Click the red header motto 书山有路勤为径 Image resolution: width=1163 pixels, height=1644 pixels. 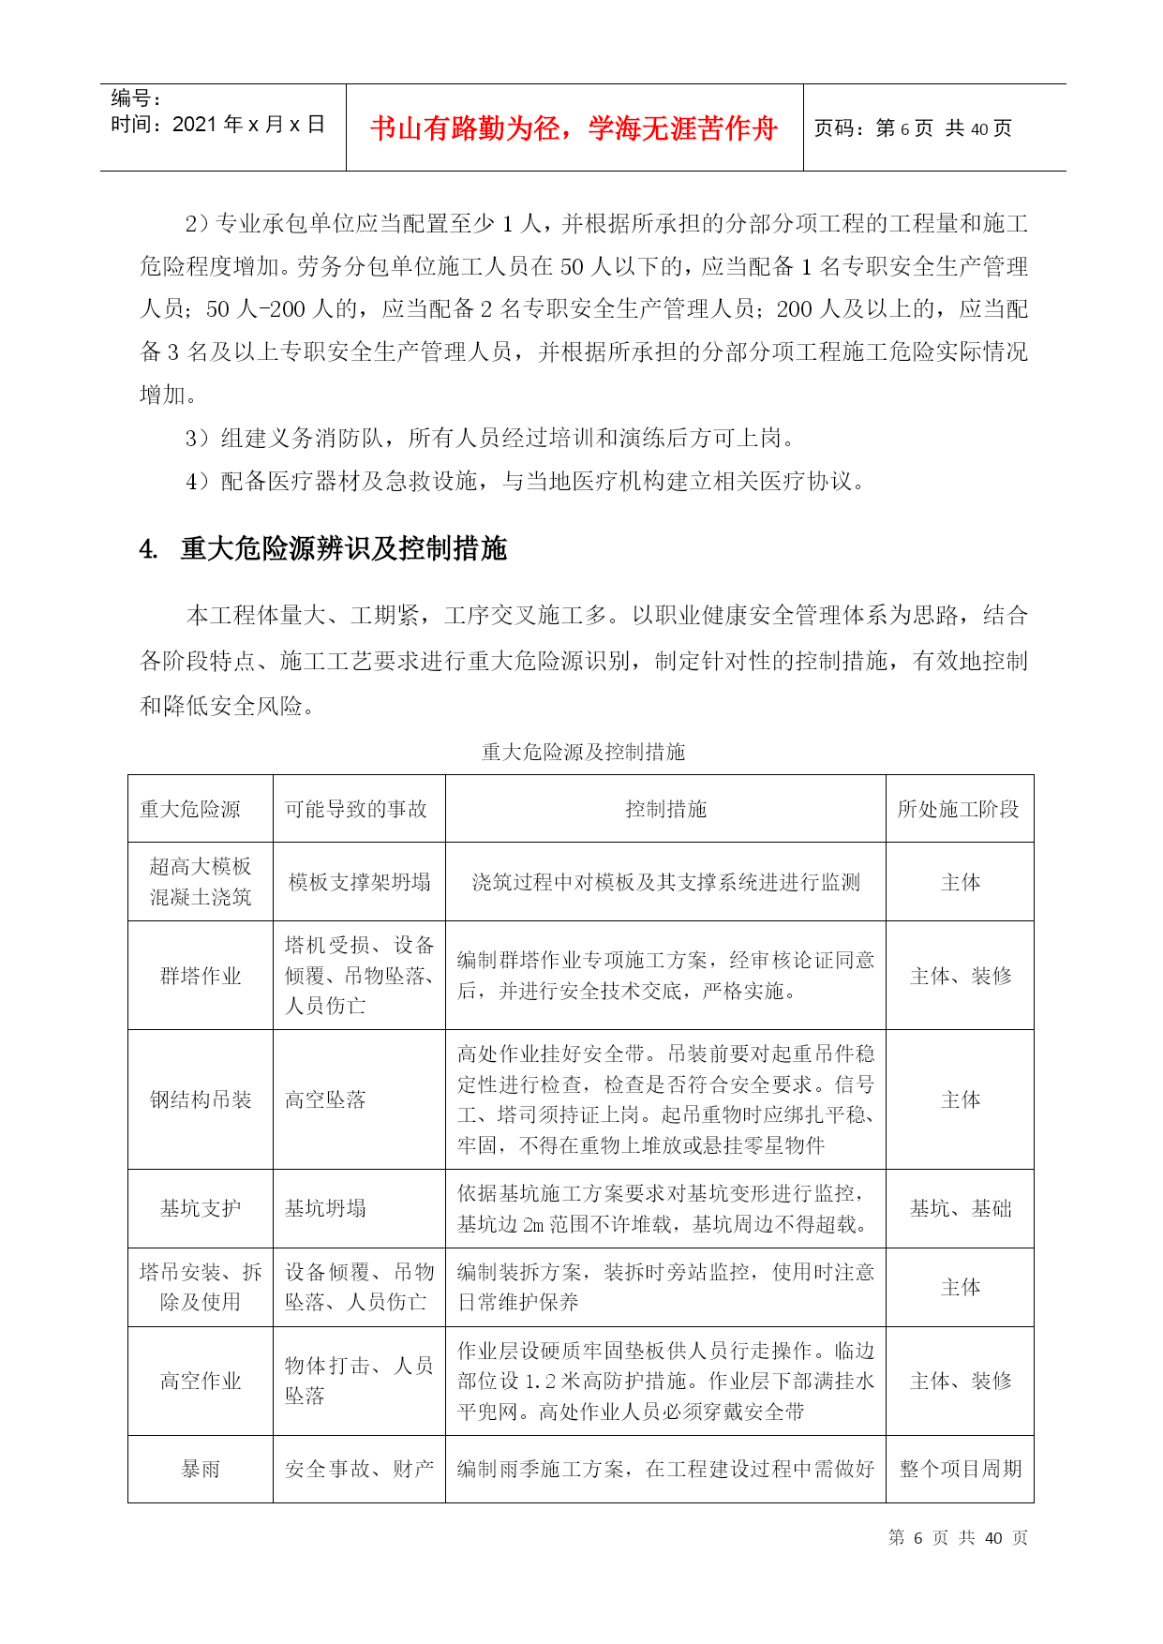point(574,128)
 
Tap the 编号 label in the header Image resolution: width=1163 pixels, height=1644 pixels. point(136,98)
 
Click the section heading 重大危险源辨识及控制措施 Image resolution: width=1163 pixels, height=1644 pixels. point(343,548)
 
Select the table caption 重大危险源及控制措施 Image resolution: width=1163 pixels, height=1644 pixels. point(583,752)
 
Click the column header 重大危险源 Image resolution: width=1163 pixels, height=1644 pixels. point(190,809)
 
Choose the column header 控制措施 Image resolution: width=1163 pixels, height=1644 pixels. point(665,809)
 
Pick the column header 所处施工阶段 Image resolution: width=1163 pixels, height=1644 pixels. point(958,809)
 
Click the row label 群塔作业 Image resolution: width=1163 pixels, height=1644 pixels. point(201,976)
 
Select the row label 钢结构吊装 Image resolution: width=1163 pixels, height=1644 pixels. point(201,1099)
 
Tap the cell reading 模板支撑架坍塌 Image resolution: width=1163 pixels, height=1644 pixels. point(359,882)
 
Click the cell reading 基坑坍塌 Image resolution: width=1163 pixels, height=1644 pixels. point(325,1208)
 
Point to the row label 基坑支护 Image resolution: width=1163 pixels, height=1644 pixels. point(201,1208)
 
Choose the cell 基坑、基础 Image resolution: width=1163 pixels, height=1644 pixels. point(961,1208)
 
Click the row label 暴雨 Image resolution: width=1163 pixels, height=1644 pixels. point(201,1469)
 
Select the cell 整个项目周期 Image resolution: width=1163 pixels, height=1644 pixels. point(961,1469)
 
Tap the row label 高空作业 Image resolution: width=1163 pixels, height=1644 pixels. point(201,1381)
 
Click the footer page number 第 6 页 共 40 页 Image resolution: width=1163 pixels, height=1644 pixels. point(958,1538)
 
